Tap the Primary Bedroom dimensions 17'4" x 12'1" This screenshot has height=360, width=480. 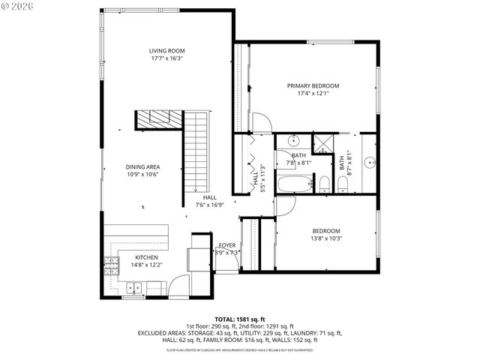pyautogui.click(x=313, y=93)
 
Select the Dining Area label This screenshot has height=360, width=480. pyautogui.click(x=142, y=166)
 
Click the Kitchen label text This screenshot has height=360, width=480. pyautogui.click(x=146, y=257)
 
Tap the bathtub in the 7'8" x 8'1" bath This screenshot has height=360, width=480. pyautogui.click(x=294, y=184)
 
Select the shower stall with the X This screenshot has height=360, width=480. pyautogui.click(x=322, y=143)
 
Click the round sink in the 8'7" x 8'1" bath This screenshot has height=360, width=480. pyautogui.click(x=370, y=161)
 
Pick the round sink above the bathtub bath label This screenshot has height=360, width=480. pyautogui.click(x=293, y=140)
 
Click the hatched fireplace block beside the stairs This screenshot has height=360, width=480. pyautogui.click(x=160, y=118)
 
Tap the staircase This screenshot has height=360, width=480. pyautogui.click(x=194, y=150)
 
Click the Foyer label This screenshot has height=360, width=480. pyautogui.click(x=227, y=245)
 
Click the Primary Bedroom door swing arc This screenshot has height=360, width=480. pyautogui.click(x=262, y=122)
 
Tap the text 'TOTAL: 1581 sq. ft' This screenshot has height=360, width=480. pyautogui.click(x=240, y=319)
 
